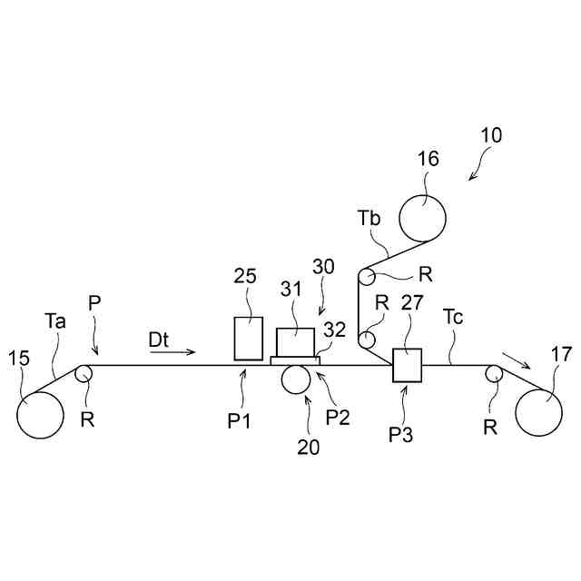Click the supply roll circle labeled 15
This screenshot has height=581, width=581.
[40, 415]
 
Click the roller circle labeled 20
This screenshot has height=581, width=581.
[295, 379]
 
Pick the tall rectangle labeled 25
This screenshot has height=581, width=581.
[248, 338]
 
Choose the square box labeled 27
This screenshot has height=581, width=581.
[408, 366]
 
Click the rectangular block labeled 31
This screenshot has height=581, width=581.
[295, 341]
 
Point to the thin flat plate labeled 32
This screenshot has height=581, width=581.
[295, 360]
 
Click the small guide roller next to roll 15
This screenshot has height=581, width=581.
[84, 372]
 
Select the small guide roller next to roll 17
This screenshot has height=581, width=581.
[493, 372]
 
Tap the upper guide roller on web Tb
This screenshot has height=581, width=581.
[368, 277]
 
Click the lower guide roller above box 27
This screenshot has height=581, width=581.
[369, 340]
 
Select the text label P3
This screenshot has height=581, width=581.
[401, 434]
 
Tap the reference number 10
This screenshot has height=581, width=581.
[491, 136]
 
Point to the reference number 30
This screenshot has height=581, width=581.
[324, 268]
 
